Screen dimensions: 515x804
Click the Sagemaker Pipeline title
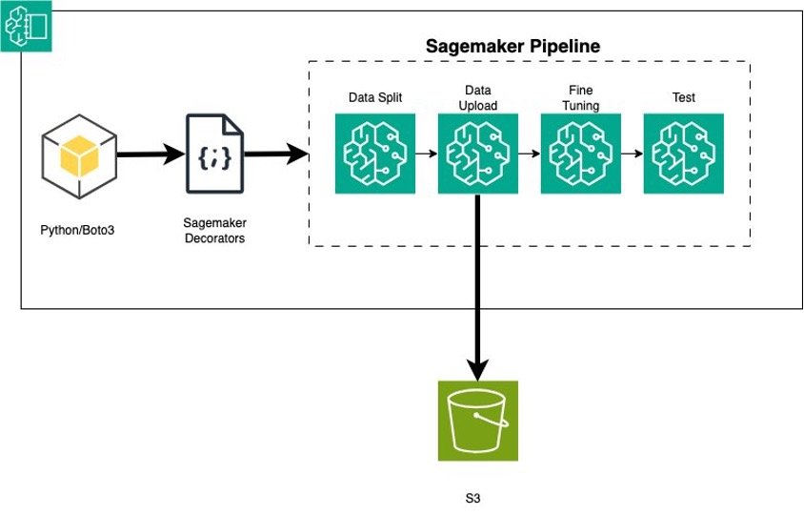tap(512, 45)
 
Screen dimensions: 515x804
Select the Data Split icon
tap(375, 154)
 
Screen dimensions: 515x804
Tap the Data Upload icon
tap(478, 154)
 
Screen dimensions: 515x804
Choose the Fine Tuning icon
tap(581, 154)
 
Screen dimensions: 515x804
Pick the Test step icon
tap(684, 154)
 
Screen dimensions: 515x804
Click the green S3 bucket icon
tap(478, 421)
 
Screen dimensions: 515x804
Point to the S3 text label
tap(478, 498)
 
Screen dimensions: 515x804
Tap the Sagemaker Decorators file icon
tap(213, 154)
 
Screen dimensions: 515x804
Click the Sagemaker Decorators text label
tap(213, 231)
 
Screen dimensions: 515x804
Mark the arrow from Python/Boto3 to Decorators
tap(150, 154)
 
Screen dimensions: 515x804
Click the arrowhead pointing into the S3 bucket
tap(478, 367)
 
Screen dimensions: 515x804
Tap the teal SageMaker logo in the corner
tap(26, 26)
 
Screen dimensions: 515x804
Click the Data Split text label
tap(375, 97)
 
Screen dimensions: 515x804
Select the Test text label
tap(684, 97)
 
